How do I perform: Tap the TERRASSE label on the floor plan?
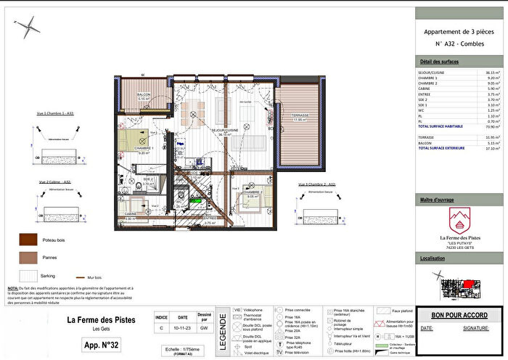[301, 115]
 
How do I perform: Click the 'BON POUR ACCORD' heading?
[459, 316]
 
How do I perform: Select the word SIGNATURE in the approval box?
[475, 328]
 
